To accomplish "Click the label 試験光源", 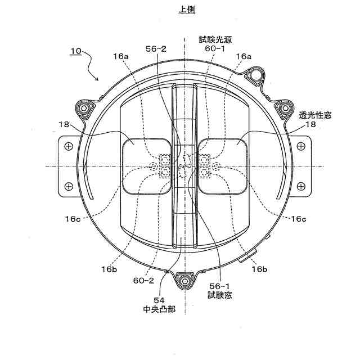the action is pos(214,39).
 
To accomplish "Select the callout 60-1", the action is pos(214,49).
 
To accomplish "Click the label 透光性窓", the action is pos(315,114).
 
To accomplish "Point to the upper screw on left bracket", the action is pos(69,147).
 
